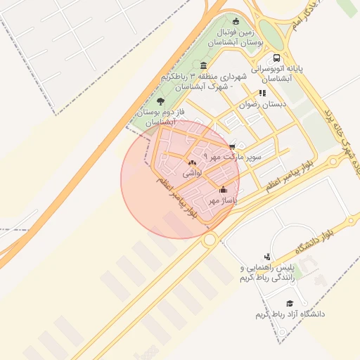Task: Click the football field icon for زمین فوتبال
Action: (236, 20)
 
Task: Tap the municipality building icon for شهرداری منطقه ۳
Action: (204, 65)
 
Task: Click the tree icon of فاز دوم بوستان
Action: (161, 101)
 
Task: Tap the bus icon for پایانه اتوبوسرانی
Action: (278, 58)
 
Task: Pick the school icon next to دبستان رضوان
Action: (262, 93)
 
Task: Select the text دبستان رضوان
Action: (264, 104)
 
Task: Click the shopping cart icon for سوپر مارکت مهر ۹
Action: (232, 146)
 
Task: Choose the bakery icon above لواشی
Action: (192, 162)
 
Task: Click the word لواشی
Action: (192, 172)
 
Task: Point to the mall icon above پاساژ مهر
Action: (224, 189)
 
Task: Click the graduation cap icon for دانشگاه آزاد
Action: (290, 303)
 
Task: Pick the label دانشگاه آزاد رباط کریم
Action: (290, 314)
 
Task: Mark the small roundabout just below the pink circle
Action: (209, 240)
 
